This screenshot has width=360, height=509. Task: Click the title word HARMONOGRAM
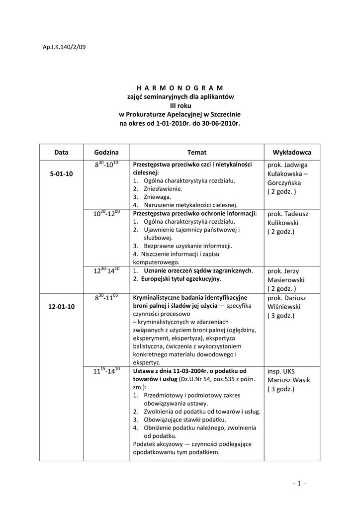coord(180,87)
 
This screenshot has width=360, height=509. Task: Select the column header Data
coord(61,152)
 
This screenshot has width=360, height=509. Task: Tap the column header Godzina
coord(106,152)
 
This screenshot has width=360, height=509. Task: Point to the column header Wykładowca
coord(292,152)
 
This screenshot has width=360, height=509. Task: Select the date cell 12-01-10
coord(62,306)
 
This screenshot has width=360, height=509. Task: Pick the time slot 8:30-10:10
coord(106,165)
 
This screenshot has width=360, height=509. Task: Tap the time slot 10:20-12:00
coord(106,214)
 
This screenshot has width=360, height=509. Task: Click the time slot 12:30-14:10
coord(106,271)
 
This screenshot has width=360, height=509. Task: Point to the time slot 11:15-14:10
coord(106,371)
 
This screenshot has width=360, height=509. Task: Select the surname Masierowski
coord(288,280)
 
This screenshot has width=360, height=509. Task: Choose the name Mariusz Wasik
coord(288,380)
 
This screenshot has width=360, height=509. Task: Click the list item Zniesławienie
coord(163,189)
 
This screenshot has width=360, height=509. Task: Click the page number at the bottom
coord(299,483)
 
